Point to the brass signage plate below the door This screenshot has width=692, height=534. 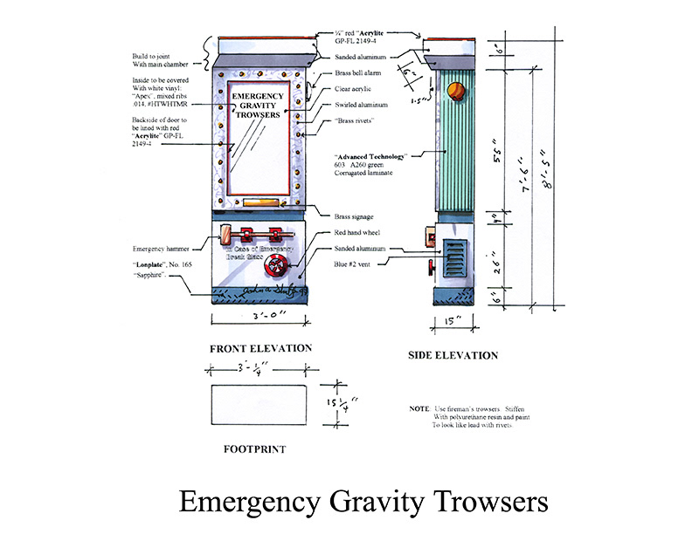click(259, 206)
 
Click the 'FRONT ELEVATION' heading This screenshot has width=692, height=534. click(260, 348)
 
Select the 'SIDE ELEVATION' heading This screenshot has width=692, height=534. click(453, 355)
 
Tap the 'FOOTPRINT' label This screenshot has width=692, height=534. click(256, 450)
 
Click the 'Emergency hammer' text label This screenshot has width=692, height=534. click(163, 249)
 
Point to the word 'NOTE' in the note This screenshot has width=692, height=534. click(419, 409)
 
